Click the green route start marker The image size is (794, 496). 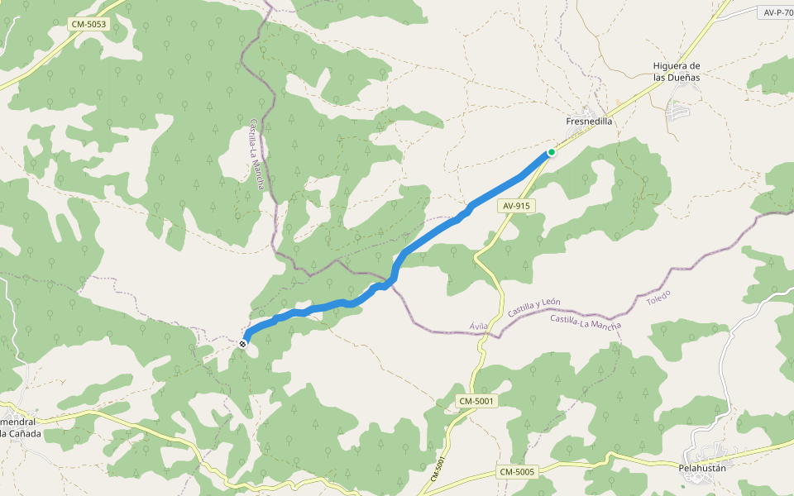(x=551, y=152)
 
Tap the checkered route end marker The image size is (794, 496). (x=242, y=343)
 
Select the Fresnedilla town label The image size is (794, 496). (x=589, y=121)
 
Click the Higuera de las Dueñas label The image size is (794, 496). (x=677, y=71)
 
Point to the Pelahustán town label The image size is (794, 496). (x=702, y=468)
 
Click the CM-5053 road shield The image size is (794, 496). (x=88, y=25)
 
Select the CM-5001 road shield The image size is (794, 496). (x=477, y=402)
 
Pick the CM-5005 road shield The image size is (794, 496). (x=518, y=471)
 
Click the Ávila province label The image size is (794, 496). (x=479, y=327)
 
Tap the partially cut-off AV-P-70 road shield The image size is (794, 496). (x=777, y=12)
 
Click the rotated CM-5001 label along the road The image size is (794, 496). (x=438, y=470)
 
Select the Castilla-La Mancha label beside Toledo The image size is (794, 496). (x=585, y=322)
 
